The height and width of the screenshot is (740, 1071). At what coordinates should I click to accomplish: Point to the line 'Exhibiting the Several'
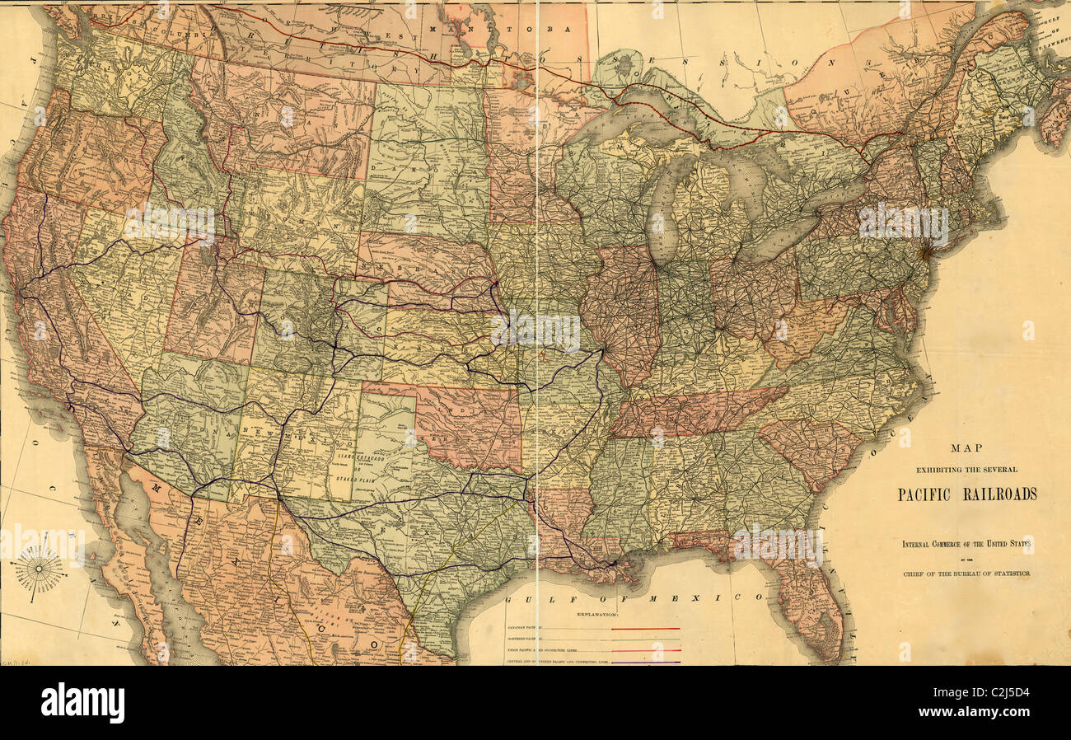coord(966,470)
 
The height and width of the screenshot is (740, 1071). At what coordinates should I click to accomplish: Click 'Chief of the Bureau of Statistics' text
coord(966,573)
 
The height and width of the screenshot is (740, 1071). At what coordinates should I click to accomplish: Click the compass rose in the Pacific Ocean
coord(39,569)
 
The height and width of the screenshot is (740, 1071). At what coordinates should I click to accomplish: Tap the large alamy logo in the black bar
coord(82,703)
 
